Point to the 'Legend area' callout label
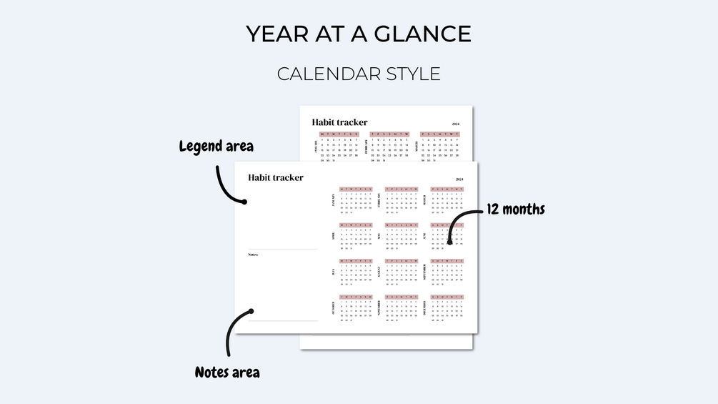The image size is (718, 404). tap(216, 147)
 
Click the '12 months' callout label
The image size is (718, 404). tap(516, 210)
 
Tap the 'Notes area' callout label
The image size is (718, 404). tap(227, 373)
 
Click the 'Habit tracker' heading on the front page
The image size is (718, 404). tap(275, 177)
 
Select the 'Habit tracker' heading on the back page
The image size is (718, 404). tap(339, 122)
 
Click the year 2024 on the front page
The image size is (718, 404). tap(459, 179)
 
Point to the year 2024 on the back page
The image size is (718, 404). tap(455, 124)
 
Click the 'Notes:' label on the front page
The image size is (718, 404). tap(253, 255)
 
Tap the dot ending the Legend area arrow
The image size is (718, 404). tap(244, 202)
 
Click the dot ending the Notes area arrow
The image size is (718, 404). tap(251, 311)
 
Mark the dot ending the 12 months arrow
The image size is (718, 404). tap(449, 242)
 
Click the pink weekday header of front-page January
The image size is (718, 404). tap(356, 189)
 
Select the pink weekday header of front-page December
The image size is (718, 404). tap(447, 297)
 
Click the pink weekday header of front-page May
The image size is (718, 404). tap(402, 225)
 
